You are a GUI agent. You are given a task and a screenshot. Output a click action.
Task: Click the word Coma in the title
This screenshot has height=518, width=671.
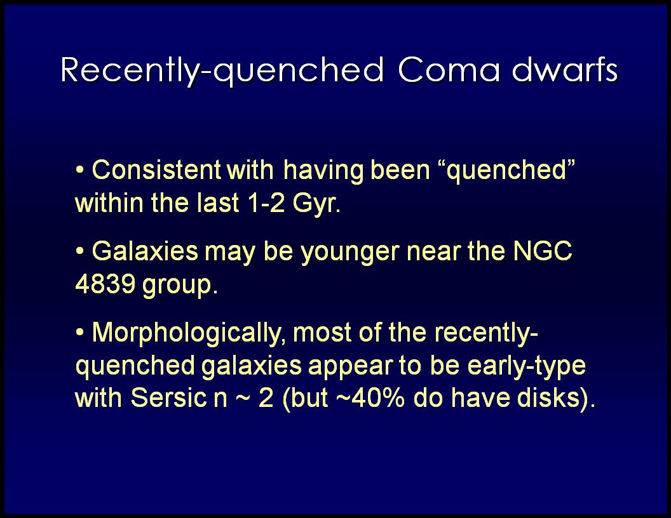click(x=449, y=69)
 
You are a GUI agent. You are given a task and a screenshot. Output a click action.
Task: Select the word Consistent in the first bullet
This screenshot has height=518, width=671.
click(x=156, y=169)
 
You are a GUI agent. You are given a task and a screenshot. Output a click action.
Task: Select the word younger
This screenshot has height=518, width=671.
click(x=351, y=253)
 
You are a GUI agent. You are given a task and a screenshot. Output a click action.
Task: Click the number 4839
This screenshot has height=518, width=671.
click(x=105, y=283)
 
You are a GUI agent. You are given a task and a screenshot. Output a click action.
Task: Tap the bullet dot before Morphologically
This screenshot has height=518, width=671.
click(x=79, y=333)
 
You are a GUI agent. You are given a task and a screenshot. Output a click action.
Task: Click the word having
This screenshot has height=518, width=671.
click(x=323, y=171)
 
